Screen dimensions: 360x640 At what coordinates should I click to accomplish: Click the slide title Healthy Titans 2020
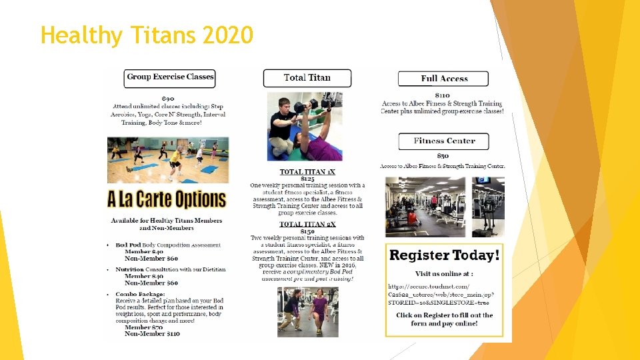pos(147,35)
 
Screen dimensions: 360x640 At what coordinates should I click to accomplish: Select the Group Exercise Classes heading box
pos(170,77)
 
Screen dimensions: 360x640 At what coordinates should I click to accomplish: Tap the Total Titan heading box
pos(307,78)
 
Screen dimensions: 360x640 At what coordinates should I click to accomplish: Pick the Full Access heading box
pos(444,79)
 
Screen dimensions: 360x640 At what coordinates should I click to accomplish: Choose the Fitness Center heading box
pos(444,141)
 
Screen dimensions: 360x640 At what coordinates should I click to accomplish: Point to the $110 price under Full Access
pos(445,95)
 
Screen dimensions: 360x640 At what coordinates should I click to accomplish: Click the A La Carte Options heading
pos(167,199)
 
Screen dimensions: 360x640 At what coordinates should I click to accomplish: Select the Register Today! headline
pos(444,255)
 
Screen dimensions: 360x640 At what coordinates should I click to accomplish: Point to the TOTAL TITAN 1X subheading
pos(307,172)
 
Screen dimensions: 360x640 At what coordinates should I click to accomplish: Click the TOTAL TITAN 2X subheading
pos(307,225)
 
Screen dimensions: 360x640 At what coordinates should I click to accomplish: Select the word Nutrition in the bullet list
pos(129,269)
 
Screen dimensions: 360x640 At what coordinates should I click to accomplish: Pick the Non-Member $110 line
pos(152,333)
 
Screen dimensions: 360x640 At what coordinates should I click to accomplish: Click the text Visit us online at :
pos(443,274)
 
